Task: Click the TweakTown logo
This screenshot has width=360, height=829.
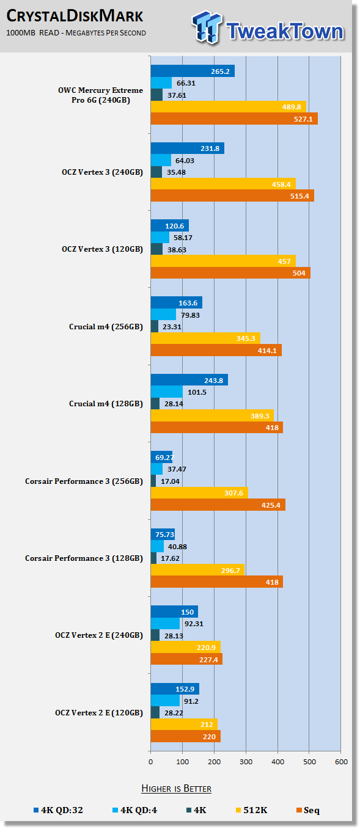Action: (x=268, y=27)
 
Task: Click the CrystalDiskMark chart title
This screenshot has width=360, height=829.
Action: (x=75, y=16)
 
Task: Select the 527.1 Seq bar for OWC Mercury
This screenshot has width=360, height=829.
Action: (x=234, y=119)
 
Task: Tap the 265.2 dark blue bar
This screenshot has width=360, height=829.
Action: (x=193, y=71)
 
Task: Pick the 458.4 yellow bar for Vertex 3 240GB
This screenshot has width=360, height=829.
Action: (x=223, y=184)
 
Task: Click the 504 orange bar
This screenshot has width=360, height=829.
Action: (x=230, y=273)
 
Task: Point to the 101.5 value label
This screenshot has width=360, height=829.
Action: (x=197, y=392)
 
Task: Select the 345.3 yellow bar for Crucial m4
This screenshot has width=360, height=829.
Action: (x=205, y=338)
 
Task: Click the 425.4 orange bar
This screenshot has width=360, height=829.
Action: (x=218, y=505)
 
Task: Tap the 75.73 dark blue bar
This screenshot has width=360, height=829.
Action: (x=163, y=535)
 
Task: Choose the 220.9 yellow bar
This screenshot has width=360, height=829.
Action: (x=186, y=648)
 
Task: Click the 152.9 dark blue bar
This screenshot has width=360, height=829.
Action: (x=175, y=689)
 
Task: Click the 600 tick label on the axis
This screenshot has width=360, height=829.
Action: (x=341, y=762)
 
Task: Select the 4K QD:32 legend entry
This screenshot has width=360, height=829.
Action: (x=58, y=810)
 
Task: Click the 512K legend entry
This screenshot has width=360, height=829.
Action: (x=251, y=810)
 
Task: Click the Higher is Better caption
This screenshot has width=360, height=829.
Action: (x=176, y=788)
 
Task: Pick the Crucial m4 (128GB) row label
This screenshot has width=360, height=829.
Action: (x=106, y=404)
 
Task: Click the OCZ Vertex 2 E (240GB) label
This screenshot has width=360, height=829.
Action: (x=99, y=635)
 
